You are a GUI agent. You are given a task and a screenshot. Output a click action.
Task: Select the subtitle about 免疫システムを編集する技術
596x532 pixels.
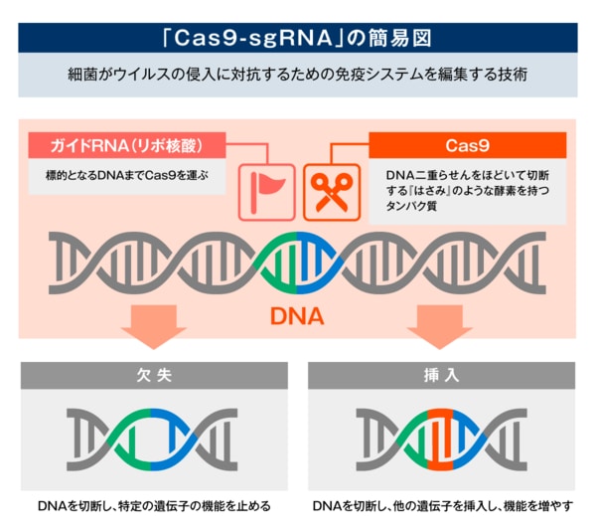[297, 76]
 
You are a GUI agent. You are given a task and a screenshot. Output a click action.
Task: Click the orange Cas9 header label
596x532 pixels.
[467, 146]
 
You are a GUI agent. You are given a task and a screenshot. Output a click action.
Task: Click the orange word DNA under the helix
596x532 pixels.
[297, 316]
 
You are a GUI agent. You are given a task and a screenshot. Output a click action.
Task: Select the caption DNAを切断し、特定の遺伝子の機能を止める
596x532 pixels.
[154, 506]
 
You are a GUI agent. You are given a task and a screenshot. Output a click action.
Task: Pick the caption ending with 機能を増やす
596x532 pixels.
[442, 506]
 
